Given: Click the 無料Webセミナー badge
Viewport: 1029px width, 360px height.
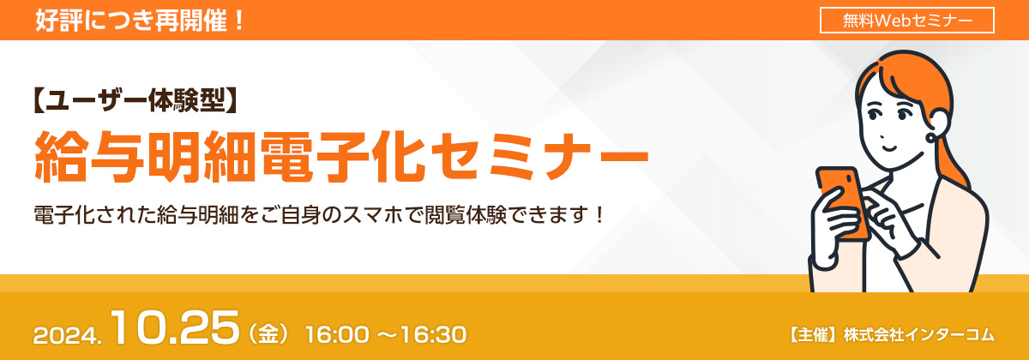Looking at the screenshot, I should (x=906, y=20).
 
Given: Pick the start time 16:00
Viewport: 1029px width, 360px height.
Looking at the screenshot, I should (x=339, y=333).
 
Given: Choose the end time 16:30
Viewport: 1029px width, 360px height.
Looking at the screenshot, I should (x=434, y=333).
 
